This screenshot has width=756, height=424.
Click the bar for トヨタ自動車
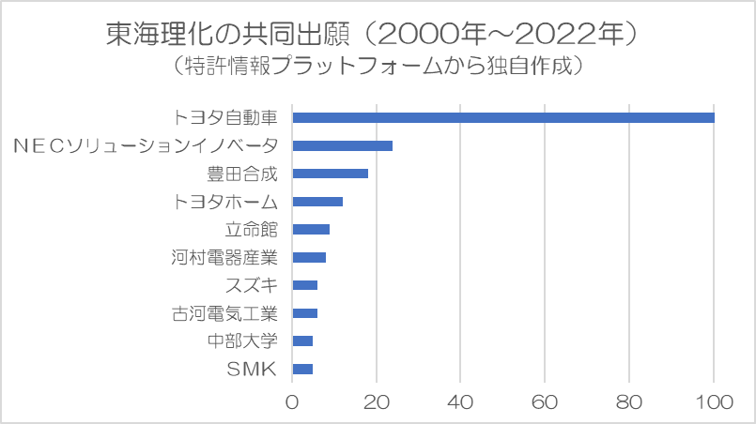click(503, 117)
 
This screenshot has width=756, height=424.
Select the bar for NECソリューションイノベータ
click(342, 145)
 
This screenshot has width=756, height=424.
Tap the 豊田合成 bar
click(330, 174)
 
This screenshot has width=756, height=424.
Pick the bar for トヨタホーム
click(317, 202)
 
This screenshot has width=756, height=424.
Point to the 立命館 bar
click(311, 229)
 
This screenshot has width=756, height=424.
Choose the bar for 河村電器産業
click(309, 257)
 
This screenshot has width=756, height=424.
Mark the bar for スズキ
click(305, 285)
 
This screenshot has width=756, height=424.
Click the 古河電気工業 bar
click(305, 313)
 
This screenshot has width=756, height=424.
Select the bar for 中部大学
click(302, 341)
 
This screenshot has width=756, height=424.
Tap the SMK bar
click(302, 370)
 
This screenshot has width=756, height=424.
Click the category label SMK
click(252, 370)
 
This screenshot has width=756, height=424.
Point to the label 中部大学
click(242, 341)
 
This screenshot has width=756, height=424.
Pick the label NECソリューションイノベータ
click(146, 145)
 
